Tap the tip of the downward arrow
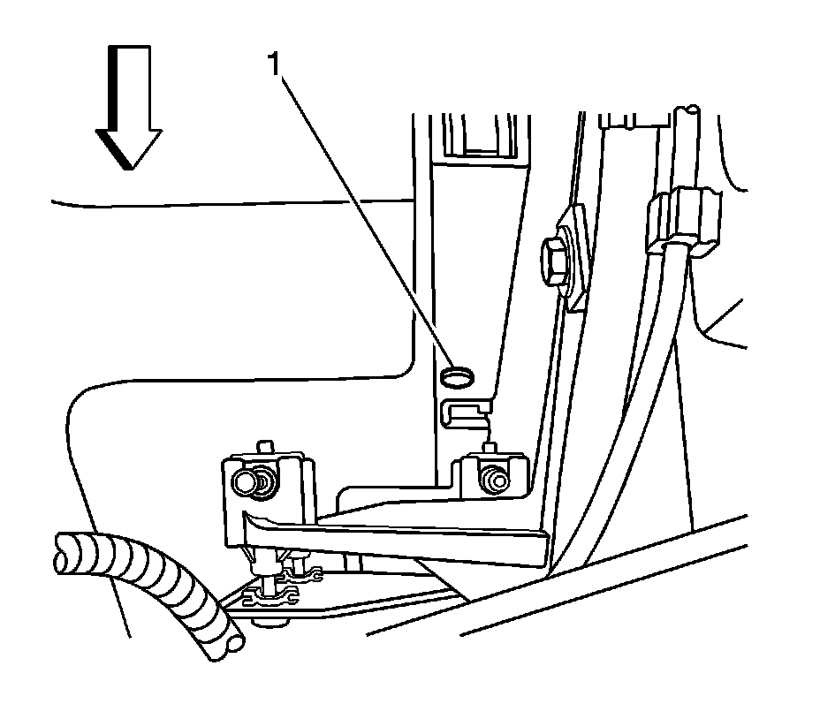pyautogui.click(x=129, y=166)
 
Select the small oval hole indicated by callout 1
pyautogui.click(x=456, y=377)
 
